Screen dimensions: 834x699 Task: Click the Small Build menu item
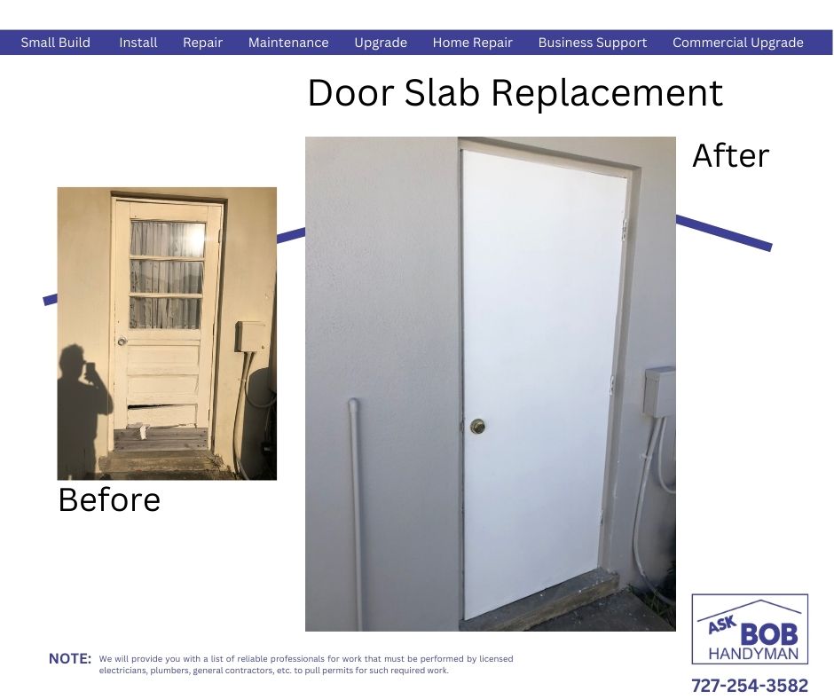point(55,43)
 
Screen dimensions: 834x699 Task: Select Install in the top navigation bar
point(138,43)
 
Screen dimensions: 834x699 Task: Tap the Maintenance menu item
point(288,43)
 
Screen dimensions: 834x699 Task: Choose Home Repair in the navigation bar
point(472,43)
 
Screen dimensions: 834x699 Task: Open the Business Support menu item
point(593,43)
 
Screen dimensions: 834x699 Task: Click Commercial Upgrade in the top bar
point(737,43)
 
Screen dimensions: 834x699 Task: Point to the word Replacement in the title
point(607,94)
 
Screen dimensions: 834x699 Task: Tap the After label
point(730,156)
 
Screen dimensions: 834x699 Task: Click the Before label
point(109,500)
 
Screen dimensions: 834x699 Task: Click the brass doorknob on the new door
point(477,426)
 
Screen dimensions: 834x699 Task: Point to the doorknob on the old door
point(122,341)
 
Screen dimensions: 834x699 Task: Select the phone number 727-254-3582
point(750,685)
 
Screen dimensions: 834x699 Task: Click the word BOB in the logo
point(768,633)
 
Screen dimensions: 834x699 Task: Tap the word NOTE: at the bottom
point(70,658)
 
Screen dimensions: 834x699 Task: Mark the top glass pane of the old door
point(168,239)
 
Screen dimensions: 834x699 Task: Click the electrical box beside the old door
point(249,336)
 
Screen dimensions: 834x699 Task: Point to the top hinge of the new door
point(625,227)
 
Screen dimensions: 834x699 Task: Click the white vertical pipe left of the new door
point(356,514)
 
